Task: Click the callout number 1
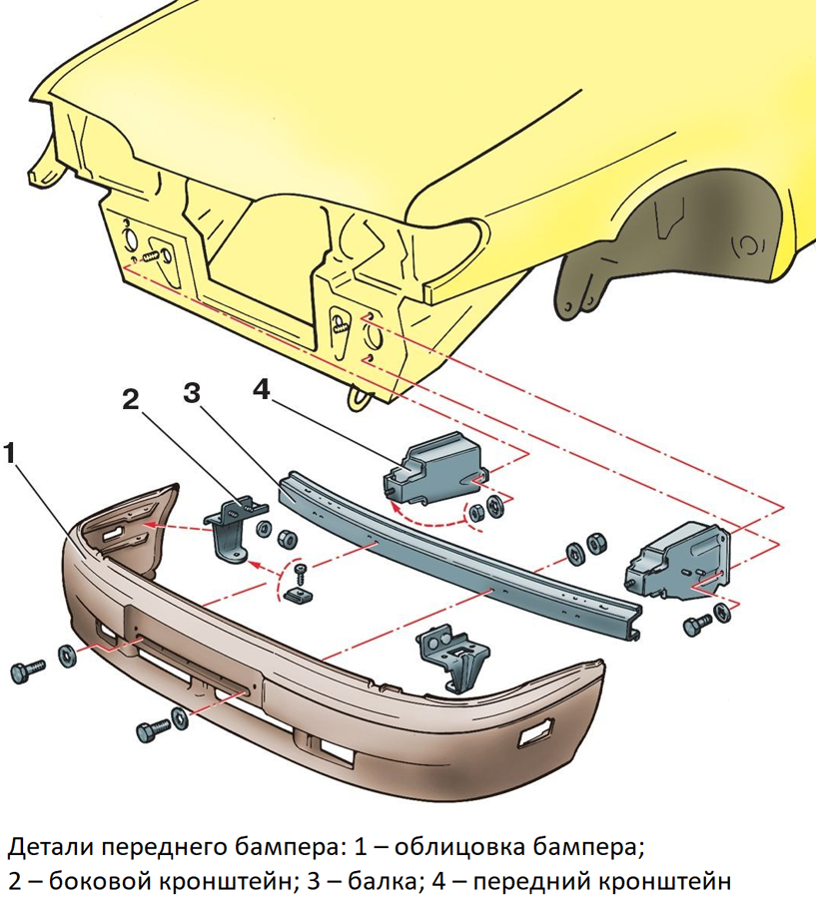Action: [10, 455]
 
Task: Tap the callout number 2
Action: [131, 399]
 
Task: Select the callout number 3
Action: [192, 393]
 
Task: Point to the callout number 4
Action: [261, 390]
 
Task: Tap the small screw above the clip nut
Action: [300, 574]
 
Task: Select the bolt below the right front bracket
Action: [697, 624]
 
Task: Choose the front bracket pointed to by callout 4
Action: [434, 469]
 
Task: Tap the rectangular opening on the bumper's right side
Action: [536, 732]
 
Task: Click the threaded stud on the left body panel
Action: [151, 254]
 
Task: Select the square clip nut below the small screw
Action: [298, 593]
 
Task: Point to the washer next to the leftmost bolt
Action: [67, 656]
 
